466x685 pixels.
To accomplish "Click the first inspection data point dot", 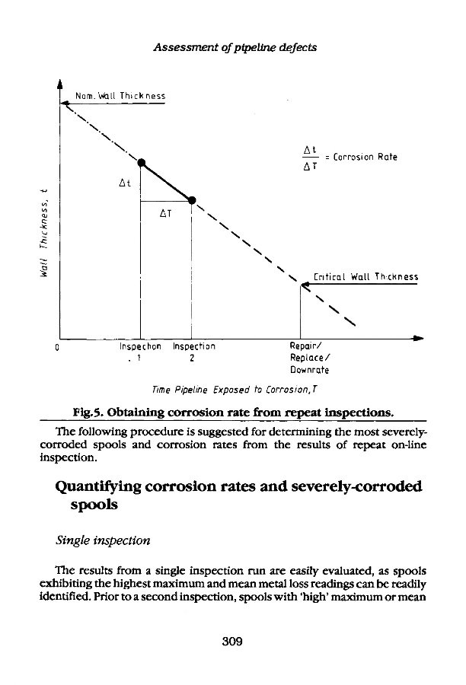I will pos(141,161).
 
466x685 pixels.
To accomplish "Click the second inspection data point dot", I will pos(191,200).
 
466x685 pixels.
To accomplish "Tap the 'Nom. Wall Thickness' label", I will pos(120,97).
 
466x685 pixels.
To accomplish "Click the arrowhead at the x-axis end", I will pos(418,337).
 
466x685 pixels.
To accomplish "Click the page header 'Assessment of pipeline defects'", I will pos(235,46).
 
